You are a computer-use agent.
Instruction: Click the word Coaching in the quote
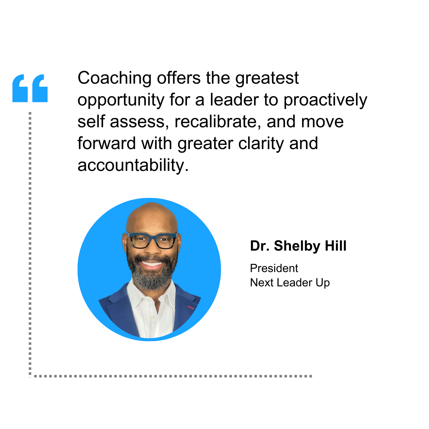pyautogui.click(x=114, y=78)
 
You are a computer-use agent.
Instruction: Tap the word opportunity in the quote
pyautogui.click(x=121, y=100)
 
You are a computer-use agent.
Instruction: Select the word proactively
pyautogui.click(x=325, y=100)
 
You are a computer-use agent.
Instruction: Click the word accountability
pyautogui.click(x=133, y=165)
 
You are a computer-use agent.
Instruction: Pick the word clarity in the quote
pyautogui.click(x=261, y=144)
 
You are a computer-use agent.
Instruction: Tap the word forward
pyautogui.click(x=107, y=143)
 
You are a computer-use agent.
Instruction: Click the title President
pyautogui.click(x=274, y=268)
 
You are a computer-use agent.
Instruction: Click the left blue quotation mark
pyautogui.click(x=20, y=88)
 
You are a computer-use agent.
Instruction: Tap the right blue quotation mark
pyautogui.click(x=40, y=88)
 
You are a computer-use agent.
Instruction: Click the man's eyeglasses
pyautogui.click(x=152, y=241)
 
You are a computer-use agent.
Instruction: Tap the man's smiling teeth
pyautogui.click(x=152, y=264)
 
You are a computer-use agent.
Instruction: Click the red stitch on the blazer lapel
pyautogui.click(x=191, y=308)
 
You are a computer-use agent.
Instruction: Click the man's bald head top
pyautogui.click(x=152, y=213)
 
